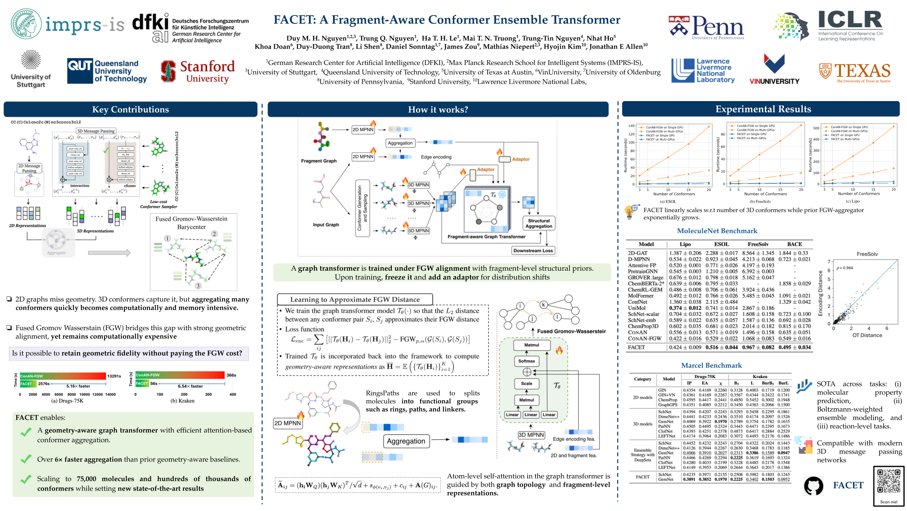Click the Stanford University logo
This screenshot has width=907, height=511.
coord(198,71)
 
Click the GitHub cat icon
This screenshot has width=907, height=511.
coord(813,486)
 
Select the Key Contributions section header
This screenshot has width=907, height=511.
coord(130,109)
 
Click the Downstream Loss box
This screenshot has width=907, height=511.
coord(533,250)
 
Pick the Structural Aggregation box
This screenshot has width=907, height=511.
coord(539,223)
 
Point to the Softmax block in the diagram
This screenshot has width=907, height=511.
coord(526,361)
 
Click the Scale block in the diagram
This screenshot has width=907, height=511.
coord(526,383)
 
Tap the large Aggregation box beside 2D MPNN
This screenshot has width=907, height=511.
coord(406,441)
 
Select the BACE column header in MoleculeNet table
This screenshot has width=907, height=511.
coord(795,244)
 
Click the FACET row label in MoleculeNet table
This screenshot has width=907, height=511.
coord(636,347)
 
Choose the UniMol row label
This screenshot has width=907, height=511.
coord(637,308)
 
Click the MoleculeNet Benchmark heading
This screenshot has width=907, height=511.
coord(717,231)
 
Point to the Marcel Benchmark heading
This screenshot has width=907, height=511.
coord(711,365)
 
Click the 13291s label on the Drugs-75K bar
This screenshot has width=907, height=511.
coord(114,376)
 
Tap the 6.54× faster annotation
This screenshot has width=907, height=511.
coord(190,386)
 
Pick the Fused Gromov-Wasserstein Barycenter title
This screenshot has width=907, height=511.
coord(191,223)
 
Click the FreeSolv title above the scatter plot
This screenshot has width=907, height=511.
coord(867,254)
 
